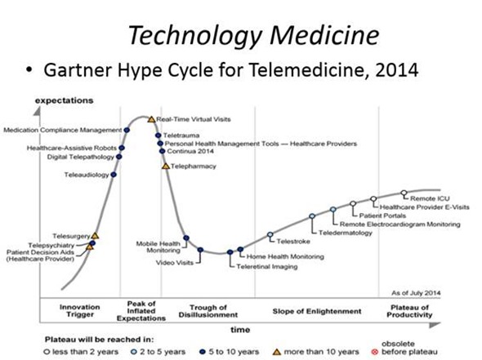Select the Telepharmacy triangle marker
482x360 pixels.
[166, 167]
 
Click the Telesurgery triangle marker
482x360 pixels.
[95, 236]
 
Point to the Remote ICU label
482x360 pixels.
[431, 198]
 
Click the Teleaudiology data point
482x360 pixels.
[114, 175]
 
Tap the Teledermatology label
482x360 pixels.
[346, 233]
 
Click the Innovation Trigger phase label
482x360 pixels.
[79, 311]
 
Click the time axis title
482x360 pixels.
[239, 330]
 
